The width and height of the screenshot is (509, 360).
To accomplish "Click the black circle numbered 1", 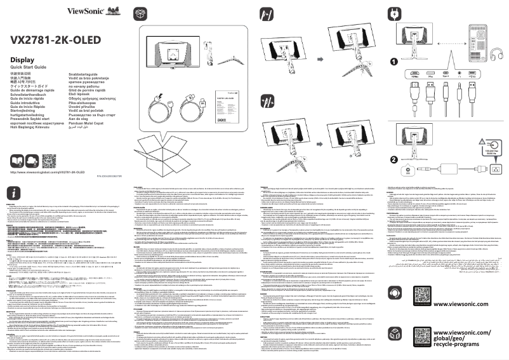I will pyautogui.click(x=393, y=62).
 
